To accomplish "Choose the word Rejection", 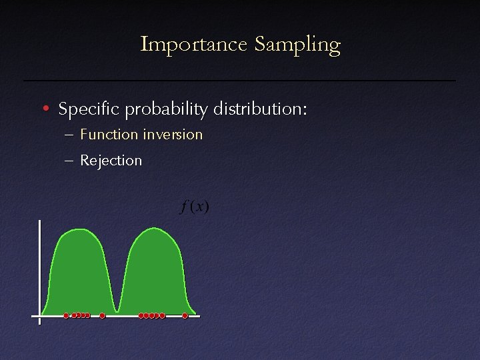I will coord(111,160).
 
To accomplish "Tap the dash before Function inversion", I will coord(70,135).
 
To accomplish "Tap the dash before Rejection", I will coord(70,160).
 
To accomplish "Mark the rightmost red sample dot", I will coord(185,315).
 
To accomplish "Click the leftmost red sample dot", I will coord(66,315).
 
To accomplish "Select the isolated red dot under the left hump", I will coord(102,315).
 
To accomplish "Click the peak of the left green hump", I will coord(80,229).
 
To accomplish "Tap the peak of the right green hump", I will coord(155,229).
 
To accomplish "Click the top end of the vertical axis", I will coord(40,221).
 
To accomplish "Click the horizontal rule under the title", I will coord(240,81).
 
